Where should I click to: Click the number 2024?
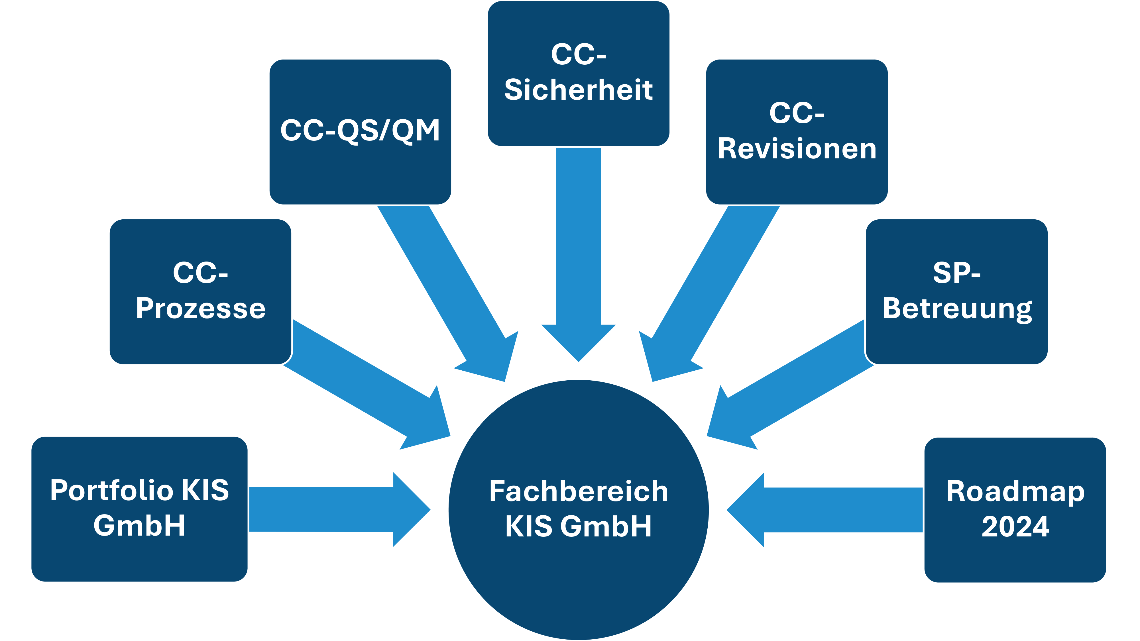click(x=1015, y=526)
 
